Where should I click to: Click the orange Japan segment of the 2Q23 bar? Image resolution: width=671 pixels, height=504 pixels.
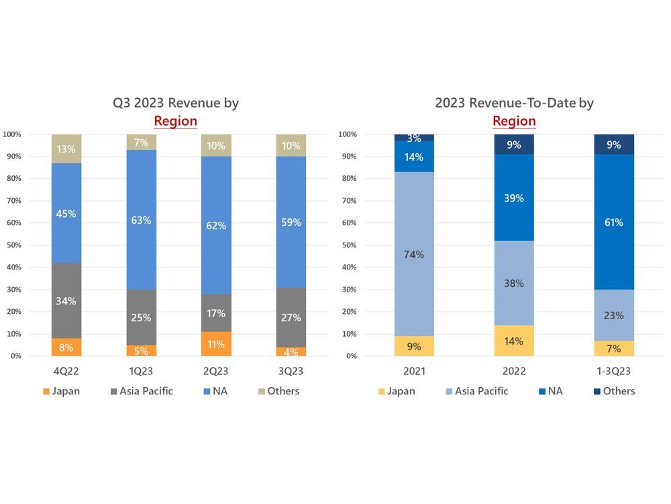pyautogui.click(x=217, y=343)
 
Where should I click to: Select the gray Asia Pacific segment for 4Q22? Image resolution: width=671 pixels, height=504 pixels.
pyautogui.click(x=66, y=301)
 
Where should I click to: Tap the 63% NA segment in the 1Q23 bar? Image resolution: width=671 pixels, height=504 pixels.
pyautogui.click(x=142, y=219)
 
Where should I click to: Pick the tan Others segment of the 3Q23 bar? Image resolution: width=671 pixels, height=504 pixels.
pyautogui.click(x=291, y=146)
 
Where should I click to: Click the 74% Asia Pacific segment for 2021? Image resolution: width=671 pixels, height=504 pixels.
pyautogui.click(x=414, y=254)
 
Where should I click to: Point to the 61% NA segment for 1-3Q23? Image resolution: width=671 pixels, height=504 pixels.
pyautogui.click(x=614, y=222)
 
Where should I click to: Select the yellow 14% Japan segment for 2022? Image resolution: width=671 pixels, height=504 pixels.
pyautogui.click(x=514, y=341)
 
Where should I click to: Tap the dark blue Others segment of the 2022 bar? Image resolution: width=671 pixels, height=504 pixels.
pyautogui.click(x=514, y=144)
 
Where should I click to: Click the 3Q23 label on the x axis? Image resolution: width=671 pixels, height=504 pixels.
pyautogui.click(x=291, y=371)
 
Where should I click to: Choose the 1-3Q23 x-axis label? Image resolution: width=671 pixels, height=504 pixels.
pyautogui.click(x=614, y=371)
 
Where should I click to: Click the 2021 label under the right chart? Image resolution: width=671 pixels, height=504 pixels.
pyautogui.click(x=414, y=371)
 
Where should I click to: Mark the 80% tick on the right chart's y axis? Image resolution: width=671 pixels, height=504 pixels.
pyautogui.click(x=348, y=179)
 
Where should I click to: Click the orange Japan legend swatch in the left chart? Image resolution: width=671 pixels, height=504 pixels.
pyautogui.click(x=46, y=391)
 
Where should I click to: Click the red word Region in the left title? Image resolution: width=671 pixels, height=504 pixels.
pyautogui.click(x=176, y=121)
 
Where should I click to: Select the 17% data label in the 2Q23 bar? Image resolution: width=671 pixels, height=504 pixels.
pyautogui.click(x=217, y=313)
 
